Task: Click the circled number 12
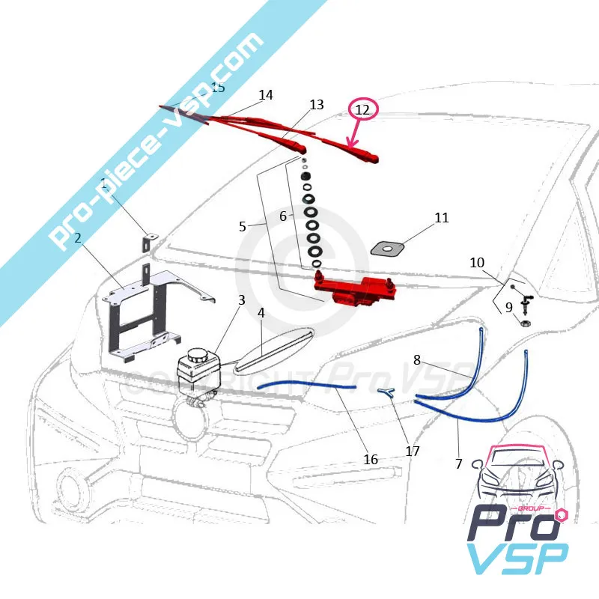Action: point(362,110)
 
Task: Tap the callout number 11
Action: point(442,218)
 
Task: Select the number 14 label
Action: point(266,95)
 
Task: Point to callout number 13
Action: point(317,105)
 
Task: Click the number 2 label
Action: point(77,239)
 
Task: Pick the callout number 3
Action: point(242,299)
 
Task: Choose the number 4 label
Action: point(261,312)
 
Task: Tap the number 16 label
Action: point(371,459)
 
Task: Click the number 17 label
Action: point(412,451)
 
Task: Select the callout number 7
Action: point(459,463)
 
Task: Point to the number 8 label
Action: point(417,359)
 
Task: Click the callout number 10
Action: point(477,263)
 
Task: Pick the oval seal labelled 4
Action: point(273,350)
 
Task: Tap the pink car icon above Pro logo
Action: point(516,472)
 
